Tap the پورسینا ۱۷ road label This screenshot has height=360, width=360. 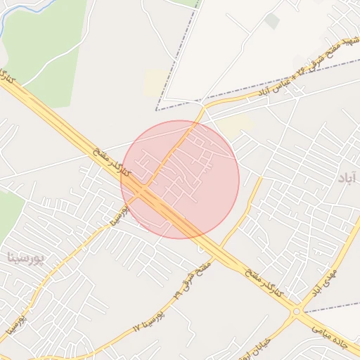pos(149,320)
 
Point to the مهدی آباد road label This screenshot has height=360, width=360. pos(325,281)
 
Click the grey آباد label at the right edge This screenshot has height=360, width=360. pos(347,178)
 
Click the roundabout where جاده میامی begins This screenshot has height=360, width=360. pos(296,311)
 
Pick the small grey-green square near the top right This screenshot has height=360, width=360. pos(271,21)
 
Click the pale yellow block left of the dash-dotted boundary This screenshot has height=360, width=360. pos(155,83)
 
